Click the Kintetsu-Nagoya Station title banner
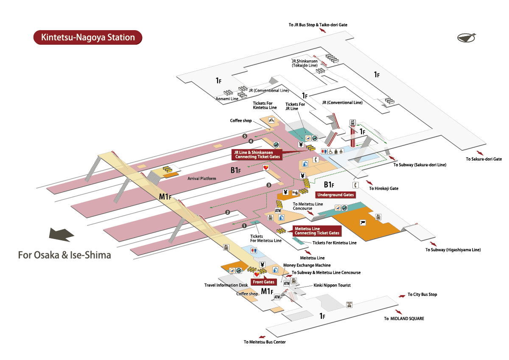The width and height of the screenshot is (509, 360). tap(88, 37)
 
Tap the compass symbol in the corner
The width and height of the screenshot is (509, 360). tap(466, 38)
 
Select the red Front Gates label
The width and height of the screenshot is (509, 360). tap(263, 282)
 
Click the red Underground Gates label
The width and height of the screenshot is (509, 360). tap(336, 195)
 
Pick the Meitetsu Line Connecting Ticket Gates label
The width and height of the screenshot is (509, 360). tap(317, 231)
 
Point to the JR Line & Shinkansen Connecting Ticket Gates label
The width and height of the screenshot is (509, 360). tap(257, 155)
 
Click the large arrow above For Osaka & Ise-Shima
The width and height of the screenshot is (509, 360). tap(62, 235)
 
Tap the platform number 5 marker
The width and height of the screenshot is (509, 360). tap(245, 136)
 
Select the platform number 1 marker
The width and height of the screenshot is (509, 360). tap(244, 226)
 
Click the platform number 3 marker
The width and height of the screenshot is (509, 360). tap(269, 185)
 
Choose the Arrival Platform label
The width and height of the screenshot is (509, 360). tap(202, 179)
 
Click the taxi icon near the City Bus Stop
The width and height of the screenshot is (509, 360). tap(349, 304)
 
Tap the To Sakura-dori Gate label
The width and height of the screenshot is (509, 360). tap(484, 159)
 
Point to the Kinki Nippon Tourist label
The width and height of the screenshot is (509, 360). tap(332, 285)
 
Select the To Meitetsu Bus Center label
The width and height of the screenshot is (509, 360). tap(265, 342)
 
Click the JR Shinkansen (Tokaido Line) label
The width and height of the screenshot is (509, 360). tap(305, 63)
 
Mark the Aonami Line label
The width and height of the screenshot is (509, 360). tap(227, 99)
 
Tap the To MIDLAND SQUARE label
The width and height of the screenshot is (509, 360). tap(404, 319)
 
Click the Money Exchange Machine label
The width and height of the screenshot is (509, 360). tap(307, 265)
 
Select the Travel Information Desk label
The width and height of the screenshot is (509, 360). tap(226, 285)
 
